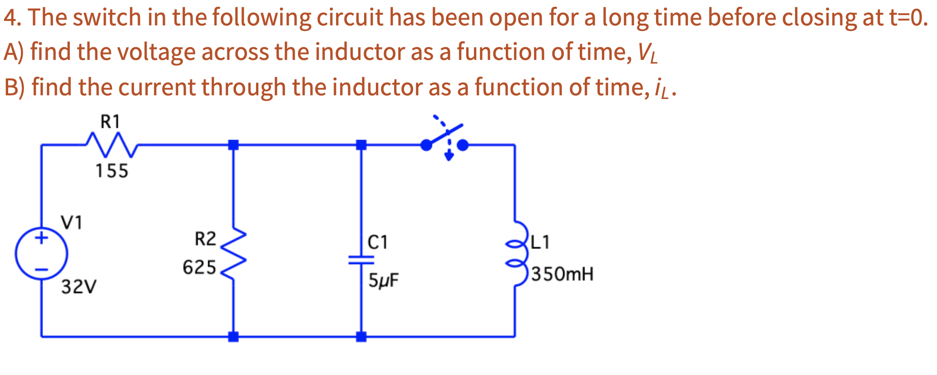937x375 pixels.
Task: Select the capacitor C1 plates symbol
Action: tap(361, 260)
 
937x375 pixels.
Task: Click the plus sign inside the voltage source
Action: tap(42, 237)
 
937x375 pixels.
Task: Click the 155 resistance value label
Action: tap(112, 171)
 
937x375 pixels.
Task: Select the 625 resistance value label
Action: tap(199, 267)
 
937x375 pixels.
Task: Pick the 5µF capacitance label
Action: tap(383, 281)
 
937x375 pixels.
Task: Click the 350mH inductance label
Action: tap(562, 274)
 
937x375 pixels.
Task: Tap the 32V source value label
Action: tap(79, 287)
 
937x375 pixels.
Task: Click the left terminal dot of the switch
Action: tap(426, 145)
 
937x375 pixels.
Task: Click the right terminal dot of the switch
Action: tap(462, 145)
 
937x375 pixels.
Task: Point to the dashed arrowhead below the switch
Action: tap(449, 157)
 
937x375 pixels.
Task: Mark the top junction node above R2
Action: tap(233, 145)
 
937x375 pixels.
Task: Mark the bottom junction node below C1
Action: tap(361, 336)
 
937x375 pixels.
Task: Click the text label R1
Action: tap(110, 122)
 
